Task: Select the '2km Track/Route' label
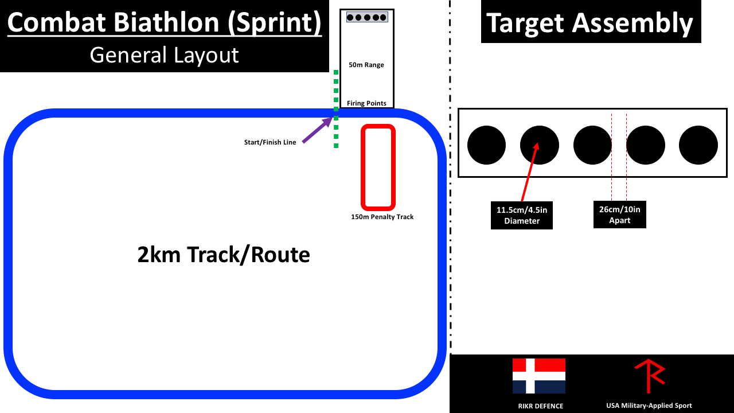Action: click(224, 254)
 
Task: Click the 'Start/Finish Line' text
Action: click(270, 142)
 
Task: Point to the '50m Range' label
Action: click(366, 65)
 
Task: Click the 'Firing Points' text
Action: click(366, 103)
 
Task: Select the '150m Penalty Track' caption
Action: click(382, 217)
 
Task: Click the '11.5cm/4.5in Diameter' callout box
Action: click(522, 215)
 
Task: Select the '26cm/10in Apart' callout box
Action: click(620, 215)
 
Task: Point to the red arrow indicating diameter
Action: click(529, 172)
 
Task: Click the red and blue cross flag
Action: click(538, 376)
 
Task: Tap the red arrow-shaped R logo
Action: click(650, 375)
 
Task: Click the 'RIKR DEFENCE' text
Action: click(540, 406)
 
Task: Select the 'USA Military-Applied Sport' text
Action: click(649, 406)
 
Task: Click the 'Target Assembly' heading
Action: click(590, 23)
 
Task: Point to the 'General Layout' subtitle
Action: click(164, 55)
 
